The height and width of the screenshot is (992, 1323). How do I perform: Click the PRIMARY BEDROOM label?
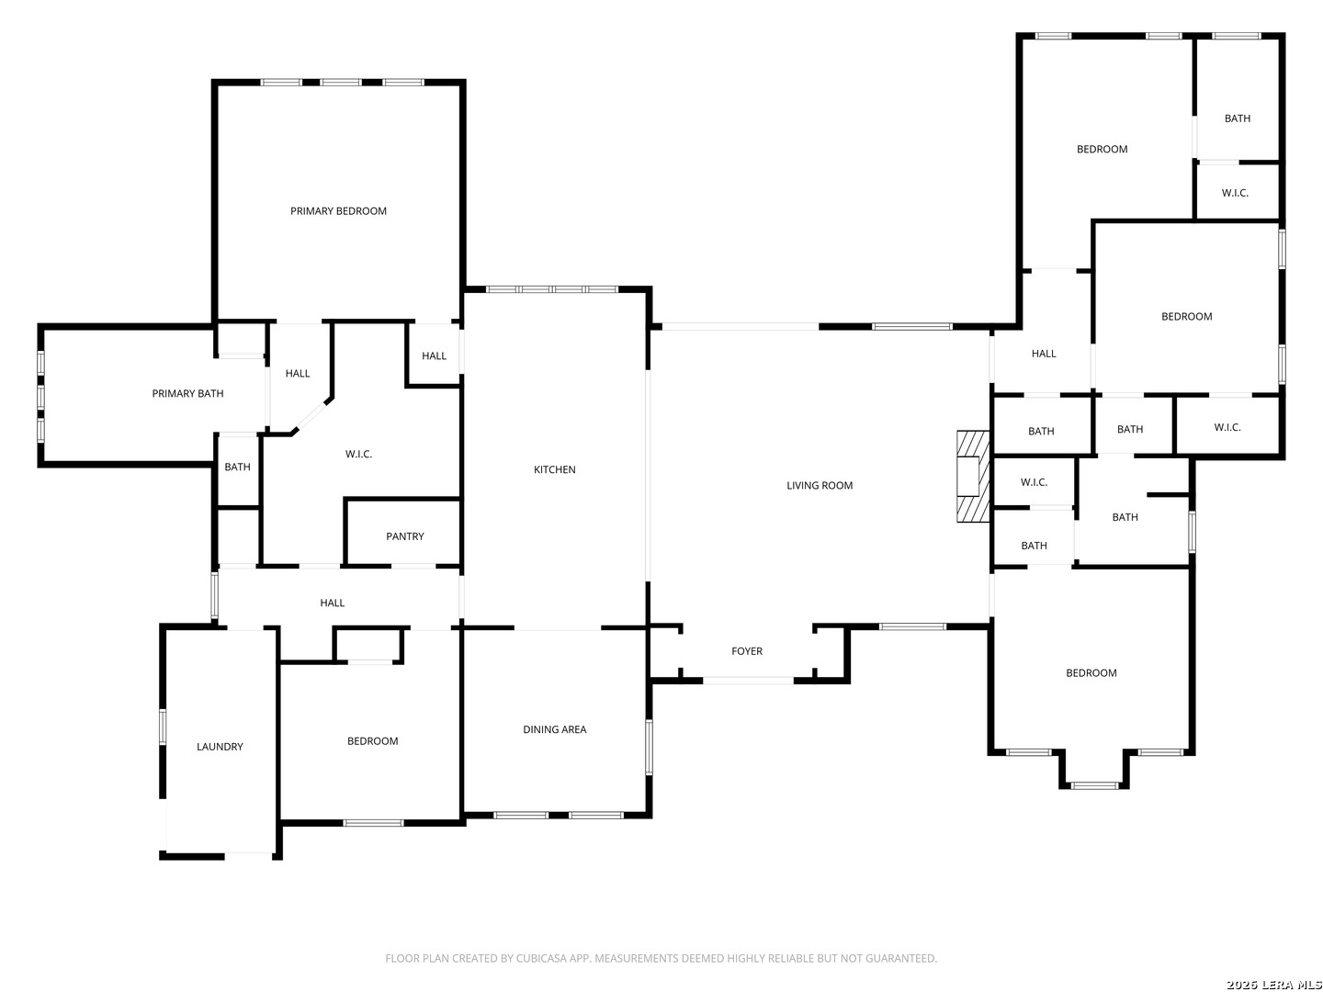click(x=338, y=211)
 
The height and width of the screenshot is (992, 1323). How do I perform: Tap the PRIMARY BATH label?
click(x=187, y=393)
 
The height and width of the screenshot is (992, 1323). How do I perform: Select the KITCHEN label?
click(x=555, y=469)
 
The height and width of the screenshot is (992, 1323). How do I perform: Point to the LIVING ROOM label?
click(x=820, y=486)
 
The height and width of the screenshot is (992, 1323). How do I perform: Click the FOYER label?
click(x=747, y=651)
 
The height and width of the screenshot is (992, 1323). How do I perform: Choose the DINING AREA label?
click(x=555, y=729)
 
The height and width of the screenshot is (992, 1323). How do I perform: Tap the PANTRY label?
click(x=405, y=536)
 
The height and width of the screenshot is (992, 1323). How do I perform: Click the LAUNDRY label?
click(x=220, y=747)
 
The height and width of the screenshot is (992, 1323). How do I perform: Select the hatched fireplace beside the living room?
click(x=973, y=477)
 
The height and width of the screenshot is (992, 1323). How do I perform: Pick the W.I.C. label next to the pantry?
click(x=358, y=454)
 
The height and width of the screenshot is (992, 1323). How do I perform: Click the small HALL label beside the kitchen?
click(x=434, y=356)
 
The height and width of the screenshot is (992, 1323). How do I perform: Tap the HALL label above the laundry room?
click(x=332, y=603)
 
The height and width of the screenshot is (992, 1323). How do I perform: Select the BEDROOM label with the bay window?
click(x=1091, y=672)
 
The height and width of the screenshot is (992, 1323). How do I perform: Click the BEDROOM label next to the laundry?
click(x=372, y=741)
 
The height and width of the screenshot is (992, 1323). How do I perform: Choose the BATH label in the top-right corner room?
click(x=1238, y=118)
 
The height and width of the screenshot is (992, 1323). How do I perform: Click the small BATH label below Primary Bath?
click(x=237, y=467)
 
